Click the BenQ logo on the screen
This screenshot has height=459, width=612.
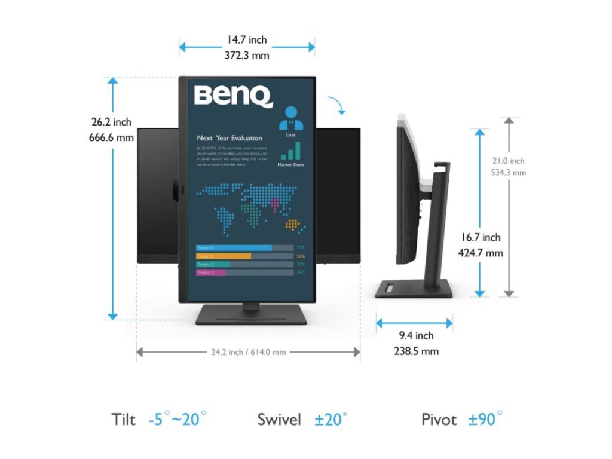(233, 96)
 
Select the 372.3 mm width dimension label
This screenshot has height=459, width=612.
(246, 56)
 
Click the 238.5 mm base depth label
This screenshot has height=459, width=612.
(417, 351)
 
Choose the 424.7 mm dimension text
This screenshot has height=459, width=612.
(480, 253)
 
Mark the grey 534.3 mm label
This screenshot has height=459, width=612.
(509, 173)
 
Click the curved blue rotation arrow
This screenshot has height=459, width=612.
(340, 106)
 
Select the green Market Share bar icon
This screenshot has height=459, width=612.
(290, 151)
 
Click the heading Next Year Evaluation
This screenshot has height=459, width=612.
(229, 138)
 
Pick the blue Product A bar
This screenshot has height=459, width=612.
(234, 247)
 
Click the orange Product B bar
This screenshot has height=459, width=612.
(224, 256)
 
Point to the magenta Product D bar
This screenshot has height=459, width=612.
(211, 273)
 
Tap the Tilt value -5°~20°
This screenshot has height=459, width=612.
(177, 419)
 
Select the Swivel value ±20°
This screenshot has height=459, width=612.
(331, 419)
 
